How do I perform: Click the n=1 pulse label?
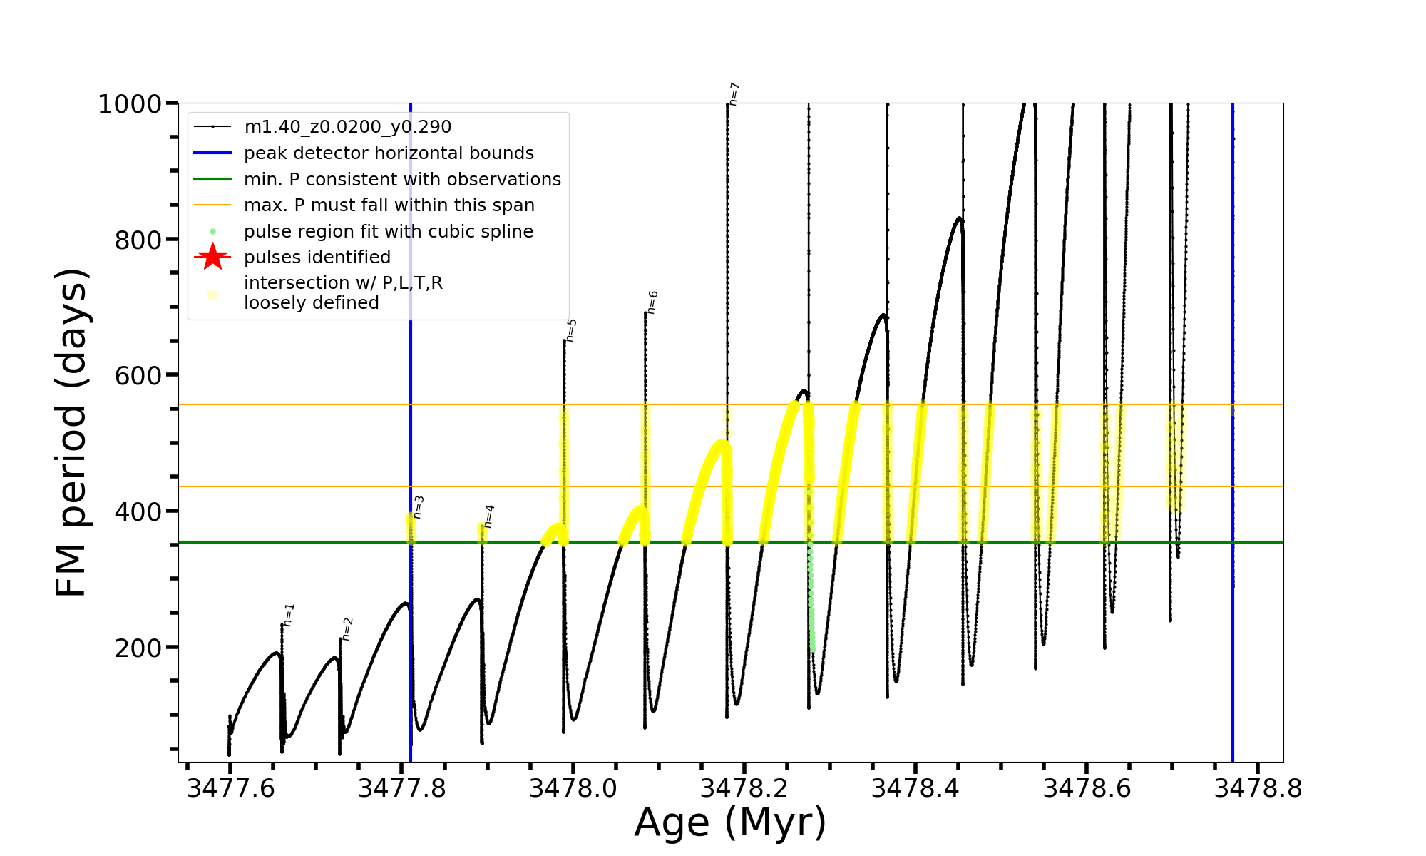pyautogui.click(x=289, y=615)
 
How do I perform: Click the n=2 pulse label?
pyautogui.click(x=347, y=629)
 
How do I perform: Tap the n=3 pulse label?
pyautogui.click(x=419, y=507)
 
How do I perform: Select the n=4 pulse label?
pyautogui.click(x=489, y=516)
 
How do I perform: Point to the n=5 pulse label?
pyautogui.click(x=571, y=330)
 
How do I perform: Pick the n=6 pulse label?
pyautogui.click(x=652, y=302)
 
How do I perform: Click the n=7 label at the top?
pyautogui.click(x=734, y=94)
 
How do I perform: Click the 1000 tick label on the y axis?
pyautogui.click(x=130, y=105)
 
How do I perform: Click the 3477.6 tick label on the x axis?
pyautogui.click(x=230, y=789)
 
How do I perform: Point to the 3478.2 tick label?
pyautogui.click(x=744, y=789)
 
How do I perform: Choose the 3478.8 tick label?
pyautogui.click(x=1258, y=789)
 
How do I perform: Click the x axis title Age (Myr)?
pyautogui.click(x=730, y=822)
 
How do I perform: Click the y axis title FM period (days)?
pyautogui.click(x=71, y=432)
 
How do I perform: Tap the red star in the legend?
pyautogui.click(x=212, y=257)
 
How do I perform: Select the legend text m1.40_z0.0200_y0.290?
pyautogui.click(x=347, y=127)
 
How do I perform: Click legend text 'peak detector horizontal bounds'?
pyautogui.click(x=389, y=153)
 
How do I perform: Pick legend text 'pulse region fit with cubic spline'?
pyautogui.click(x=389, y=232)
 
